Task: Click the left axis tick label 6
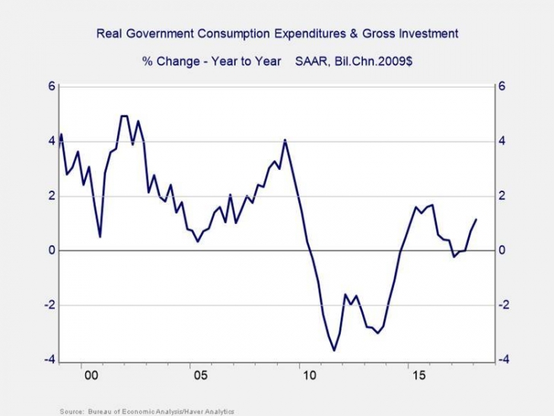(53, 86)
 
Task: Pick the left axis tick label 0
(53, 251)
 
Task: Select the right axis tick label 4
(501, 141)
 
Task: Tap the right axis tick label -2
(504, 306)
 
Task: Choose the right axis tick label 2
(501, 196)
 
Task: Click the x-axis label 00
(91, 376)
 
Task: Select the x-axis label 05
(199, 376)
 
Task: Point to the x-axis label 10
(309, 376)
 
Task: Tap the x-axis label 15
(417, 376)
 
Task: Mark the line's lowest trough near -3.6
(333, 350)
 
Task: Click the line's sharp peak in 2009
(285, 140)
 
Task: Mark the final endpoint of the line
(476, 219)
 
